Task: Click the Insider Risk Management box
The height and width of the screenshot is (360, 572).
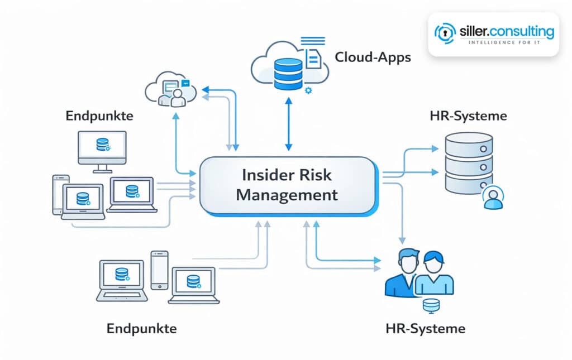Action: tap(287, 185)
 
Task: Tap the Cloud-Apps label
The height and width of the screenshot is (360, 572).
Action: tap(373, 57)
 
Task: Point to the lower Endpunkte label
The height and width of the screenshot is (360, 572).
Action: tap(141, 328)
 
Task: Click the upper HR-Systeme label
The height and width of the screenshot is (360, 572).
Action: tap(468, 116)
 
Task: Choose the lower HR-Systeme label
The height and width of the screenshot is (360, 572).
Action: tap(425, 328)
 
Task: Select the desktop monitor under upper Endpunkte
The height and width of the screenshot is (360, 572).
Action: tap(102, 148)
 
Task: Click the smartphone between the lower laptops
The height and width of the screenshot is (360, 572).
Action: tap(159, 270)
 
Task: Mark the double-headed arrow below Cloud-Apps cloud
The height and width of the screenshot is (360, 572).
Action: tap(288, 124)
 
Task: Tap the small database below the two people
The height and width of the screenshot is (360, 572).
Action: tap(429, 305)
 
